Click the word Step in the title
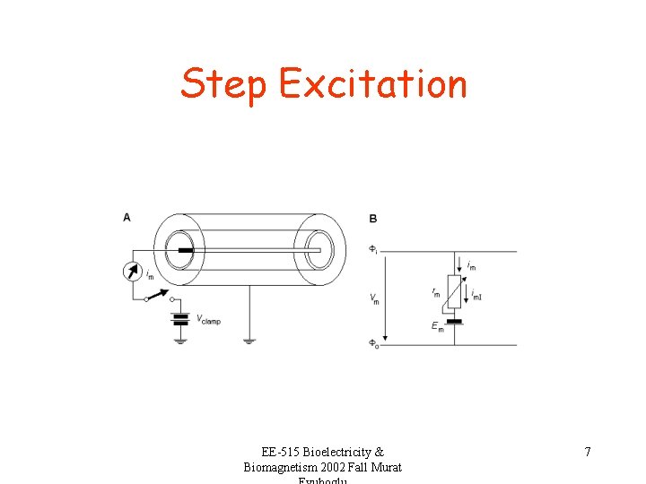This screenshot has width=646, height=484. tap(223, 85)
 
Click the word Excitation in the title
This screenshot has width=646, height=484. tap(372, 83)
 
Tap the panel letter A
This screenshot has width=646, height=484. tap(127, 217)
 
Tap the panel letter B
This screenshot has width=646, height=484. tap(372, 218)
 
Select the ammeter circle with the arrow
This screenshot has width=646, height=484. tap(133, 270)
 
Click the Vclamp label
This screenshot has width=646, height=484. tap(208, 320)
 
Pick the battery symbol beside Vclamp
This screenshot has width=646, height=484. tap(180, 318)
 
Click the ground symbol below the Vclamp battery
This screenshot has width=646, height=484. tap(180, 340)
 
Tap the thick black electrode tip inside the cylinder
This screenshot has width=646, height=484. tap(185, 250)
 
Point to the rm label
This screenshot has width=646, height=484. tap(436, 292)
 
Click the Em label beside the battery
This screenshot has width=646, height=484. tap(437, 327)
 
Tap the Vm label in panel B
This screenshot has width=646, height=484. tap(374, 298)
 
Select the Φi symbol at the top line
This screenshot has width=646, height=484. tap(373, 250)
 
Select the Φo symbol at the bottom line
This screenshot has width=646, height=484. tap(373, 344)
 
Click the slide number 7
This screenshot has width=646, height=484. tap(588, 452)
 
